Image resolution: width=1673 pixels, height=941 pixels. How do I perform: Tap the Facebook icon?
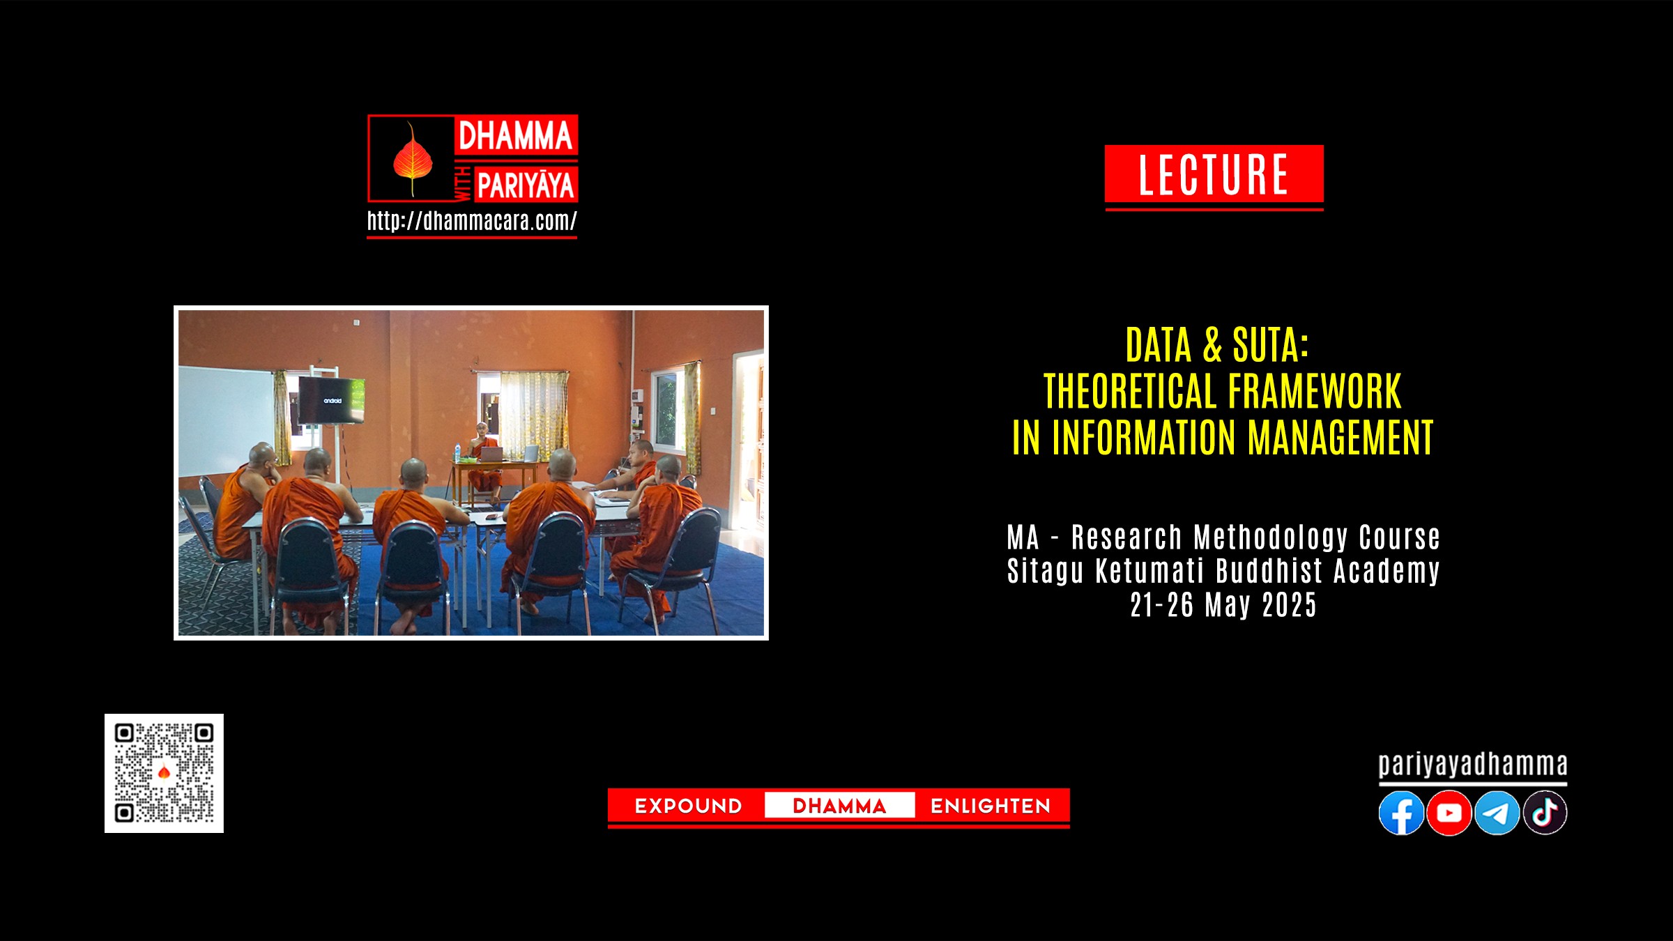(x=1401, y=813)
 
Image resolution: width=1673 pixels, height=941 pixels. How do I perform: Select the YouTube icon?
(x=1449, y=813)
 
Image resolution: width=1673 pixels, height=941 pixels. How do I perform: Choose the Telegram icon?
(x=1497, y=813)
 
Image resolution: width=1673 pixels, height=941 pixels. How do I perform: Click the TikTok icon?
(x=1545, y=813)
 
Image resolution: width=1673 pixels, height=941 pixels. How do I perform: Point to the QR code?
(x=164, y=773)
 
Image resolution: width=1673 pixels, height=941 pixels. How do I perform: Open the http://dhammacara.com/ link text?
(x=472, y=221)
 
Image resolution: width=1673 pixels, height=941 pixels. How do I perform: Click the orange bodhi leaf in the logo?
(x=412, y=160)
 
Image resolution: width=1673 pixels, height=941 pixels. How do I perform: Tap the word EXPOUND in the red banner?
(x=688, y=806)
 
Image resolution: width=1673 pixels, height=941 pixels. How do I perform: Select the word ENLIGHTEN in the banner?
(x=991, y=806)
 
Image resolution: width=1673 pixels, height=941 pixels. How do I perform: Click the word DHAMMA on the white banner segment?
(x=839, y=806)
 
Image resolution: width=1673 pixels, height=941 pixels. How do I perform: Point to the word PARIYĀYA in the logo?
(x=526, y=185)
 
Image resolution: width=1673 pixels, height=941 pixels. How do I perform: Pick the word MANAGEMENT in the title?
(x=1340, y=438)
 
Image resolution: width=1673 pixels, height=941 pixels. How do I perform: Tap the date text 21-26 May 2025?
(x=1223, y=605)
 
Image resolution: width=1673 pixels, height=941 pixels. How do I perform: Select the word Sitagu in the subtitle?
(x=1045, y=571)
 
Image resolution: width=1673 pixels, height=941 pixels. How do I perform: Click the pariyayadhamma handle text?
(x=1473, y=765)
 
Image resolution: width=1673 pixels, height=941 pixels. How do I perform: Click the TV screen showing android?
(x=332, y=400)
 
